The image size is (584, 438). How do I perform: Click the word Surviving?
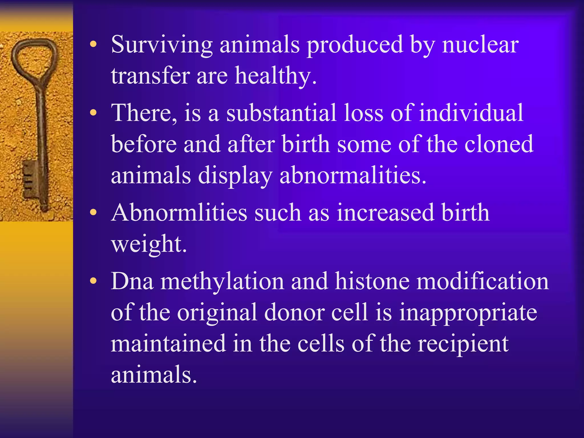click(162, 45)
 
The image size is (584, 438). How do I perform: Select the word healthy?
click(275, 76)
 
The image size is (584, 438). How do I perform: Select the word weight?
click(149, 244)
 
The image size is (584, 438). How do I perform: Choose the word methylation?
click(222, 281)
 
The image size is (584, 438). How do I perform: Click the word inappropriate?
click(468, 313)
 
